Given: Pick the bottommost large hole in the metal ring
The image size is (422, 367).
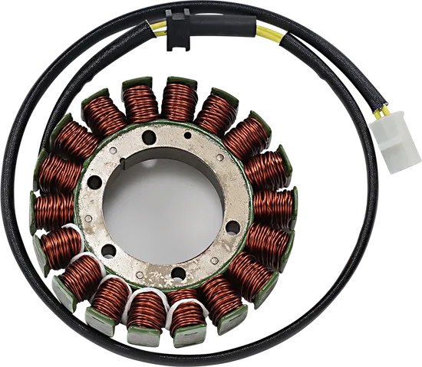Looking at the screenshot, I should (176, 273).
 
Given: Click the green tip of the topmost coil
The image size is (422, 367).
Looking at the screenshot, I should (178, 80).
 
